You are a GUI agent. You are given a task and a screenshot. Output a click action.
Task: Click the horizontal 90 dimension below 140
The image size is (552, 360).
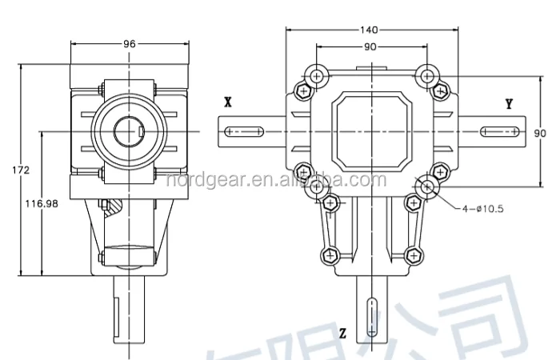(371, 46)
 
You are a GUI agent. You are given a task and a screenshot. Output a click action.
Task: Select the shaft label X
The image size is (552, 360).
(228, 102)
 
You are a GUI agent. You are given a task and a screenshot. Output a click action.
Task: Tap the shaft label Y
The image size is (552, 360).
(509, 103)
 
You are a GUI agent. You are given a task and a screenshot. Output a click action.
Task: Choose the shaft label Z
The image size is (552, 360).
(342, 332)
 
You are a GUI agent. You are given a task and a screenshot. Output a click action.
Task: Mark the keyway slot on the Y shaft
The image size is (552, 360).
(499, 130)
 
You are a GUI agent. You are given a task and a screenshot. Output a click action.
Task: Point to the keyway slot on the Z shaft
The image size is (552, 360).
(370, 316)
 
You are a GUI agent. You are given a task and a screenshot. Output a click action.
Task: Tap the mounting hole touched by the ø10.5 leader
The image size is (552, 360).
(426, 188)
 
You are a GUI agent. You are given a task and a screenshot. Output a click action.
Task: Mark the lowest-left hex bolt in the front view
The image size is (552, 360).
(328, 255)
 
